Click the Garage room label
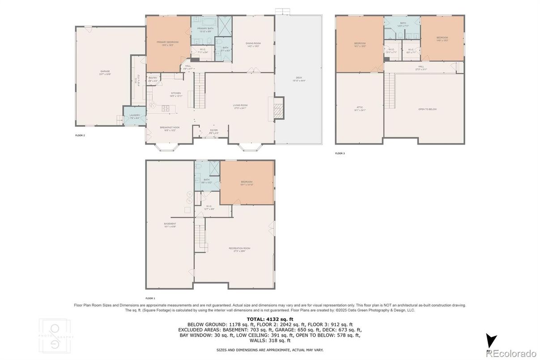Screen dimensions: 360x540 click(x=105, y=72)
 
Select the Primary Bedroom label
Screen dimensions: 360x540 click(x=165, y=43)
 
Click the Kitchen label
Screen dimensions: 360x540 click(x=175, y=94)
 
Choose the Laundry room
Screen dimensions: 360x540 click(x=135, y=116)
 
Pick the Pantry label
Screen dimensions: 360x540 click(x=153, y=79)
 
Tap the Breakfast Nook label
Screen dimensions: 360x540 click(x=170, y=128)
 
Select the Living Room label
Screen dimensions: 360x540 click(x=240, y=106)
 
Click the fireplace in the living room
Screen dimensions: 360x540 click(x=278, y=107)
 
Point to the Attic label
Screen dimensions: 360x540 click(x=360, y=108)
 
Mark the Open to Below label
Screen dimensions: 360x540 click(x=427, y=109)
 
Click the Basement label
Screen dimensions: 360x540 click(x=170, y=225)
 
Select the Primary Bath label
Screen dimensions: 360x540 click(x=205, y=30)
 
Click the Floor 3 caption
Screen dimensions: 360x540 click(x=340, y=153)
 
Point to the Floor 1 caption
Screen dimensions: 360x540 click(x=150, y=298)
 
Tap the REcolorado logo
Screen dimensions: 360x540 click(x=511, y=352)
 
